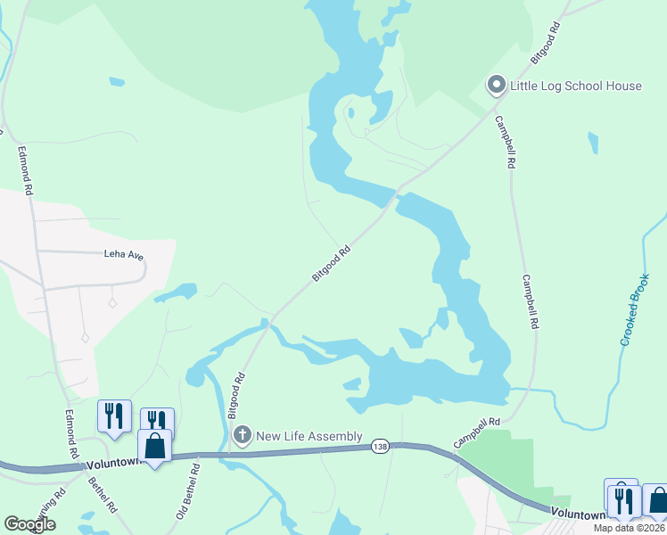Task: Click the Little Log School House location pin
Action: click(496, 86)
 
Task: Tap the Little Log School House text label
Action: click(575, 86)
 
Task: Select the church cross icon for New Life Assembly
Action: click(242, 435)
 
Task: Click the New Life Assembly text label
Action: click(309, 436)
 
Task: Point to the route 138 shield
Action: click(382, 446)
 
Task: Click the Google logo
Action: click(30, 523)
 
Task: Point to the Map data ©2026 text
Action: click(630, 528)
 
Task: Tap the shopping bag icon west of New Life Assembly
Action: click(154, 444)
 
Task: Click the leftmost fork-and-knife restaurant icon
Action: click(114, 416)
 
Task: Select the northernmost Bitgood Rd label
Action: click(545, 42)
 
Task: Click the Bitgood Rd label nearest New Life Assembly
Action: click(236, 397)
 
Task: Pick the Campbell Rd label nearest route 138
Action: click(477, 433)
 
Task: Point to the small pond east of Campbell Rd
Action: click(593, 143)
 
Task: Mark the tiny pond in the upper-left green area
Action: click(117, 82)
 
